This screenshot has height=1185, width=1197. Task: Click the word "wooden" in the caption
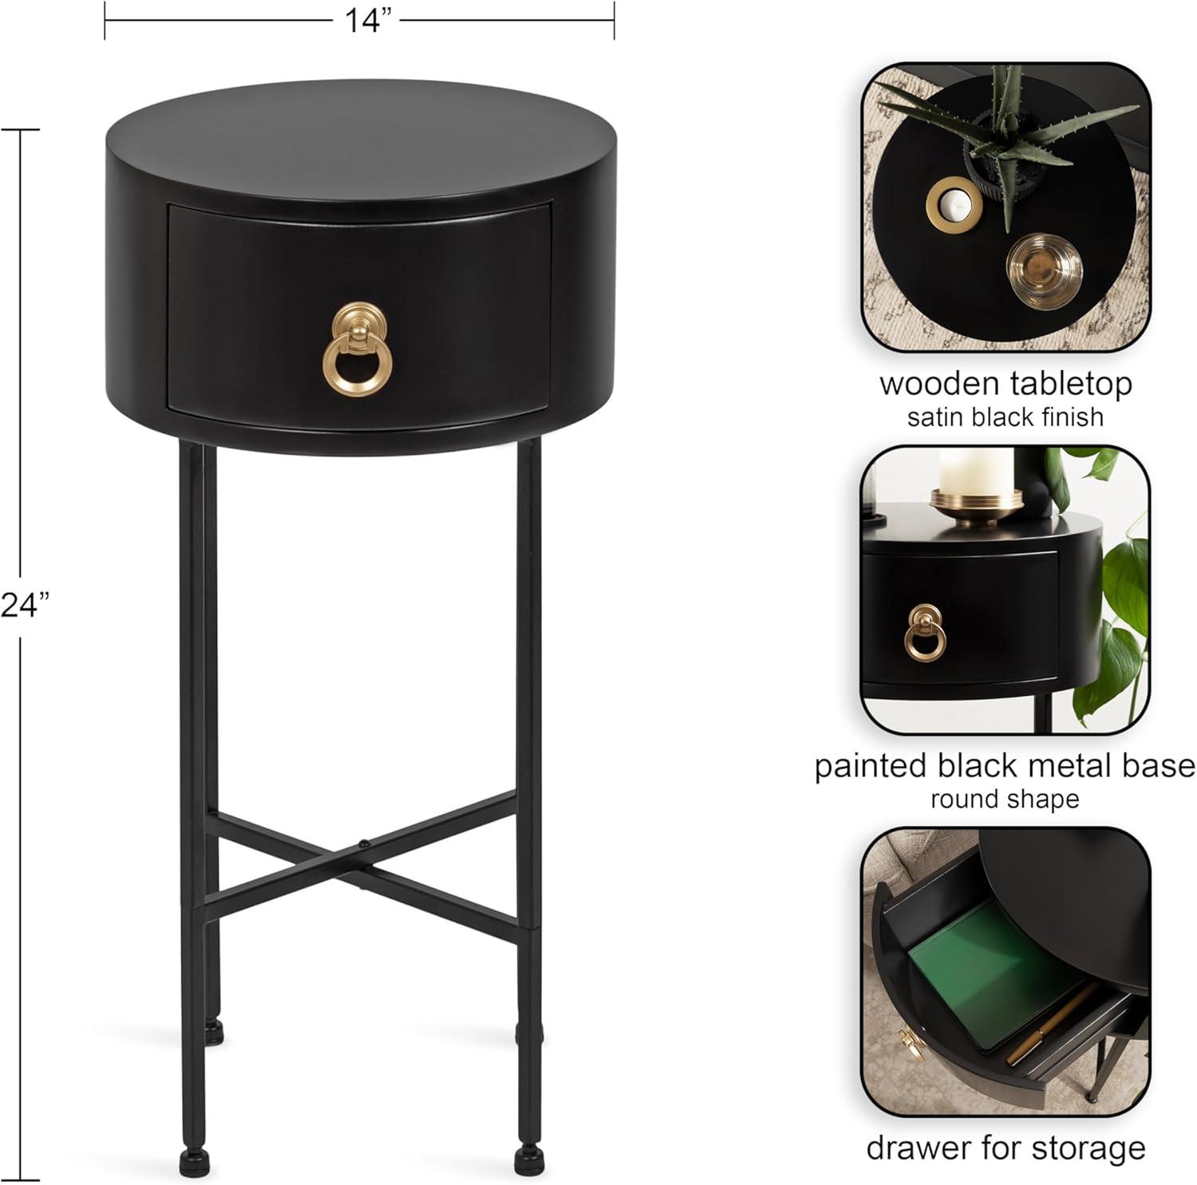point(938,384)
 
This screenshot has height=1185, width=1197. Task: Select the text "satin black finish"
point(1005,416)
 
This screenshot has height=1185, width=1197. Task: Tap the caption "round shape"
point(1005,799)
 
